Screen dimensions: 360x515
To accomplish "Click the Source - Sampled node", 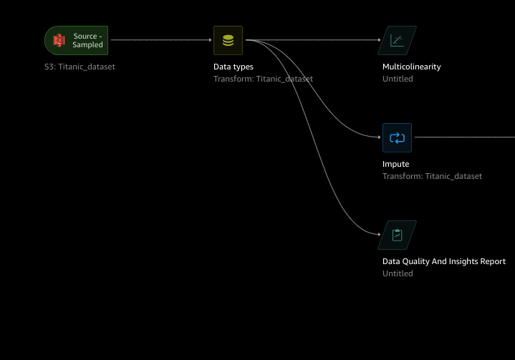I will point(77,40).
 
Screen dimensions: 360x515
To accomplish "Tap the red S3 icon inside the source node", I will point(59,41).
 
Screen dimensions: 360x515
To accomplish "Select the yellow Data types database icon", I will point(228,41).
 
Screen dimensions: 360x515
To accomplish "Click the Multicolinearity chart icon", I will point(397,41).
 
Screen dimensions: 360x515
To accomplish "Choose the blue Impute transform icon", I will point(397,137).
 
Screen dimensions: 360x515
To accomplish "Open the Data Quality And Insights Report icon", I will point(397,235).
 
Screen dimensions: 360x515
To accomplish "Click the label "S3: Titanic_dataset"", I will point(80,67).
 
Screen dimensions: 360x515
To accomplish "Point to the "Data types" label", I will point(234,67).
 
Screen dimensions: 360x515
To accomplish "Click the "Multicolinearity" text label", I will point(412,67).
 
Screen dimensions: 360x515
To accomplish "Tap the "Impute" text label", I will point(396,164).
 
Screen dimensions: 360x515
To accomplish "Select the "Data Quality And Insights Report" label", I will point(444,261).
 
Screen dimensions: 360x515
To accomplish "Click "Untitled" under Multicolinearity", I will point(398,79).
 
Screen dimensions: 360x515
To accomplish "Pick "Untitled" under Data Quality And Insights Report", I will point(398,273).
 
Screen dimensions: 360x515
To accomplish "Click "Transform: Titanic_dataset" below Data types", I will point(263,79).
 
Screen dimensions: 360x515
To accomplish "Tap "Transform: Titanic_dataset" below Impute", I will point(432,176).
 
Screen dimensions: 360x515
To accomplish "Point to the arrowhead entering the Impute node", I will point(380,137).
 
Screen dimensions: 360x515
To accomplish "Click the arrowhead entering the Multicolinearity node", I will point(380,40).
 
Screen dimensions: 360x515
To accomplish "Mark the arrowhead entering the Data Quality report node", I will point(380,234).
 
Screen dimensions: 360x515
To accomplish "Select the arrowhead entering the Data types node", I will point(211,40).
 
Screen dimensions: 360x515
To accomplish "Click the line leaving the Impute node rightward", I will point(466,137).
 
